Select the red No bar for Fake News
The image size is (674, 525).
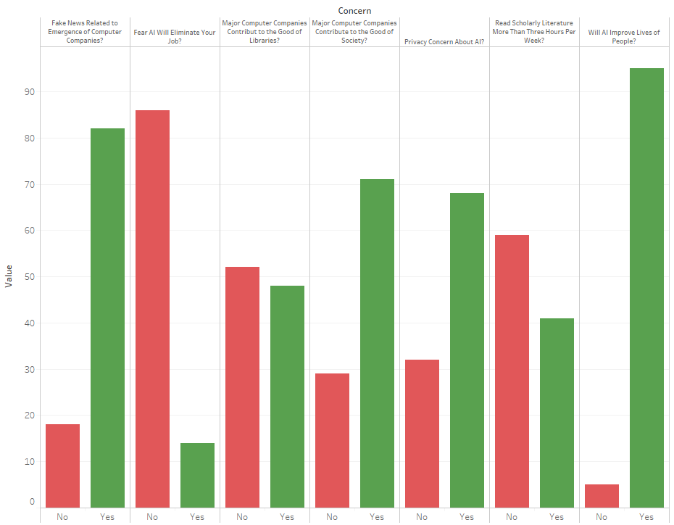62,466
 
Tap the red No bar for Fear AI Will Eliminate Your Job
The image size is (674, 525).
152,309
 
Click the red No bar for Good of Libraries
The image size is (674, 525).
242,387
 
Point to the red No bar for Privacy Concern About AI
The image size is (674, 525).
422,434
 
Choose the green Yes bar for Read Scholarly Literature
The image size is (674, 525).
557,413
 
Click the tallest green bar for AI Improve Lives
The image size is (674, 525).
646,288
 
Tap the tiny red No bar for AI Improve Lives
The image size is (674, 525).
602,496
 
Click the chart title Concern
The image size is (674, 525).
354,11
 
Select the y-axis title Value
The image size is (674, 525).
9,276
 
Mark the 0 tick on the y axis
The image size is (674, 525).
31,502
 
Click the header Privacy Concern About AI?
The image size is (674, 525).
444,41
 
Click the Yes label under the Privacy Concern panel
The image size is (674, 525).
467,517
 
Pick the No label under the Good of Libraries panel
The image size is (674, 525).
242,517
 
